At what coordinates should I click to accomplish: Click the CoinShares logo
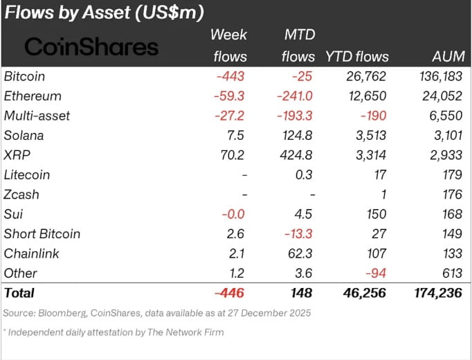(91, 46)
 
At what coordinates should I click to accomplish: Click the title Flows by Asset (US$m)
(105, 12)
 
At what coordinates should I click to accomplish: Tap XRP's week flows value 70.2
(233, 155)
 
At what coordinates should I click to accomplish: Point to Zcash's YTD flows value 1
(382, 195)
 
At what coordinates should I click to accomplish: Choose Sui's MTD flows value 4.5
(302, 214)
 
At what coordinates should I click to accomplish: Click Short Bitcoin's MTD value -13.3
(297, 234)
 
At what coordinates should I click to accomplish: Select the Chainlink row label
(31, 253)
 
